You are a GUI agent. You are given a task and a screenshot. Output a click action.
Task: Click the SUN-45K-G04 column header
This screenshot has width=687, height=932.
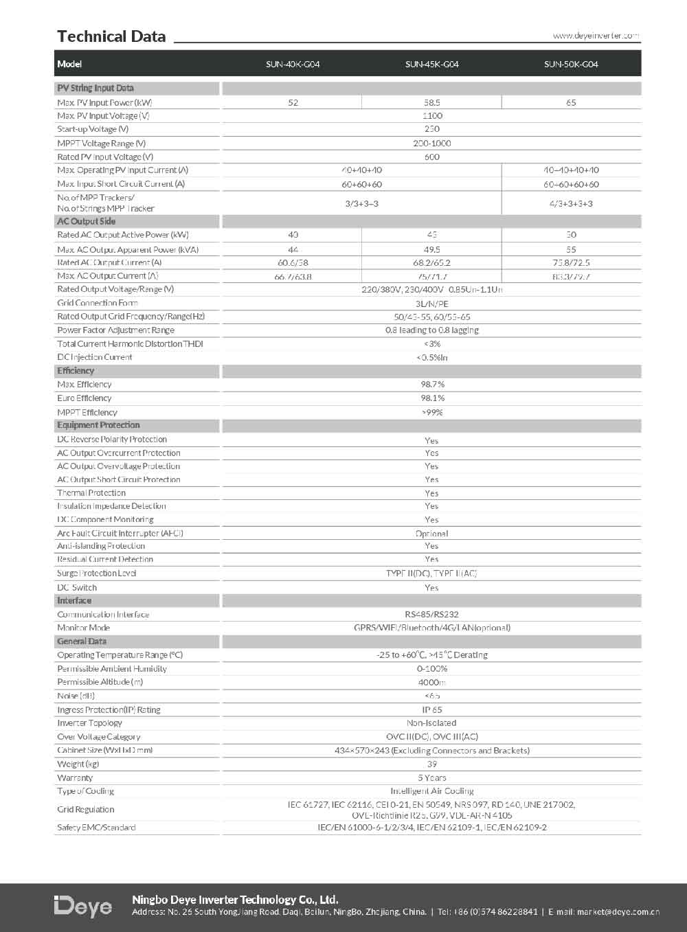431,64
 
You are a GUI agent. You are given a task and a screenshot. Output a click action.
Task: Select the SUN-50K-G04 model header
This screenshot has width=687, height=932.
571,64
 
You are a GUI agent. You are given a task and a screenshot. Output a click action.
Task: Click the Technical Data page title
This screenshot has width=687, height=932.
111,36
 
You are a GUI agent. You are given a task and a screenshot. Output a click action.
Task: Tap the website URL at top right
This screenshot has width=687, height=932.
596,35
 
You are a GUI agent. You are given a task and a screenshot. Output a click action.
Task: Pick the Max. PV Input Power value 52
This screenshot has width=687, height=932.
293,102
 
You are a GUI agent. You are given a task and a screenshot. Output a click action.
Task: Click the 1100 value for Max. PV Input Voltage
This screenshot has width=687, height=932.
432,115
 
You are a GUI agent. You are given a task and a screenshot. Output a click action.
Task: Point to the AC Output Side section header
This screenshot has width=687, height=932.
87,221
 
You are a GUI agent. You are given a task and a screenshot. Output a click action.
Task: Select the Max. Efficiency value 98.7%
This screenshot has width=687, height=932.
432,384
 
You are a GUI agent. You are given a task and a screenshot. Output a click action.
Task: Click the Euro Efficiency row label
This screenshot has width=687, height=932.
85,398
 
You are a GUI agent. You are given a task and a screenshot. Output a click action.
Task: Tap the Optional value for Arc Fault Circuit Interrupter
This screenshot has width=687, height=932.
431,533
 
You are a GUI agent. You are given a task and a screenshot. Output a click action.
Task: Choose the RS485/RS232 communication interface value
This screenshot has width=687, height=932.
431,614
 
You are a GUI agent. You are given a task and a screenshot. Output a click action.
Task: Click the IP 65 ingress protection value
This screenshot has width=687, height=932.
431,709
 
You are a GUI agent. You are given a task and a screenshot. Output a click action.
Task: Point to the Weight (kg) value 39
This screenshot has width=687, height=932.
431,764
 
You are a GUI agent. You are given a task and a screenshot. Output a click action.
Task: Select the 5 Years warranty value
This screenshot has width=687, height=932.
431,777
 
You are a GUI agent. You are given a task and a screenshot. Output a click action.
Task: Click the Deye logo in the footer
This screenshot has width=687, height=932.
83,907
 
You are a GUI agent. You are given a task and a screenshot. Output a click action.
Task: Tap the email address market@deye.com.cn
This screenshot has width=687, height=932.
618,912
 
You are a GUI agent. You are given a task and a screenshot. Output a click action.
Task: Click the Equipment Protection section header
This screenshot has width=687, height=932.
98,425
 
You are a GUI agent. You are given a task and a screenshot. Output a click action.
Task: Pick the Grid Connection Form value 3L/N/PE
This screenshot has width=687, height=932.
431,303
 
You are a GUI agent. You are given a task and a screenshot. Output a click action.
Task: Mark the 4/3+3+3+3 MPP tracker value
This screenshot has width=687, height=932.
571,203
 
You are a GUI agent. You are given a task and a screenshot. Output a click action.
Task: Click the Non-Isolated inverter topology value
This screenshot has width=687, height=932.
431,723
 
